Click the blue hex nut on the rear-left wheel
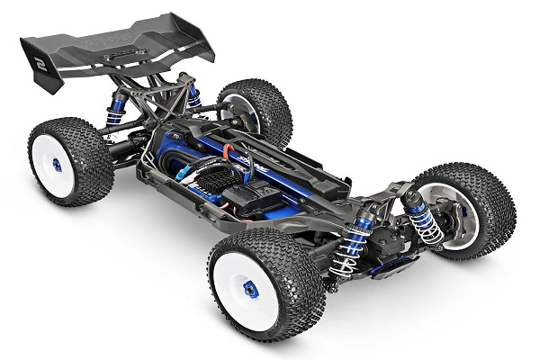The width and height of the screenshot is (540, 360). (x=57, y=165)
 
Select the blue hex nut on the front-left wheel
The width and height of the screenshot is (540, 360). (x=251, y=289)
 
